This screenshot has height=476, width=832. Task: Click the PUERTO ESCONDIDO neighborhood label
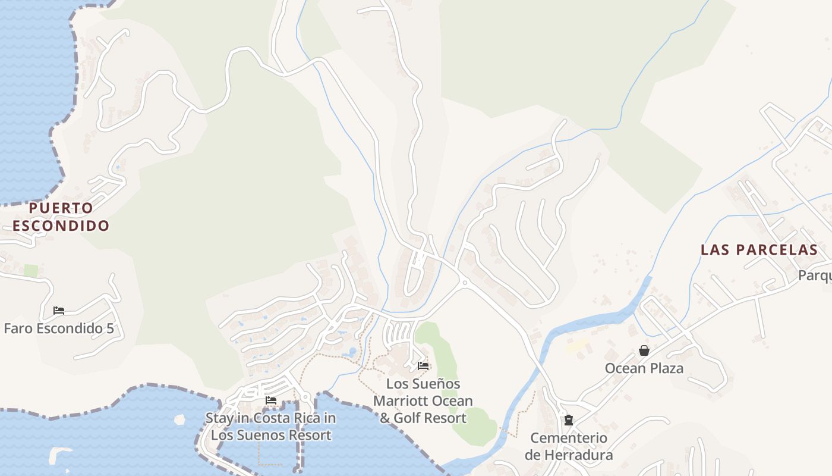tap(61, 217)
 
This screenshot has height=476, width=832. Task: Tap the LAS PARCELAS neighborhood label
tap(759, 250)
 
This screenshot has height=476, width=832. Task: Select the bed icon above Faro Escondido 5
tap(58, 311)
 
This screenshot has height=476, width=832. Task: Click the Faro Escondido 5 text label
tap(58, 328)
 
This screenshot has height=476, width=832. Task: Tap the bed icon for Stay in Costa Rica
tap(271, 400)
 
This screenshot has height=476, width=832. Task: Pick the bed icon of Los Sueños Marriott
tap(423, 365)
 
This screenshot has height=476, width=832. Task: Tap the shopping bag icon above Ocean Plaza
tap(644, 350)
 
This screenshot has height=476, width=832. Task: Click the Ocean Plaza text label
tap(644, 368)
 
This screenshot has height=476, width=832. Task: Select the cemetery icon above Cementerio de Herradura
tap(569, 420)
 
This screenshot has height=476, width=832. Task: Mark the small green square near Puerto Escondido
tap(31, 271)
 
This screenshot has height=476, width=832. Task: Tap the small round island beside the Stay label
tap(179, 419)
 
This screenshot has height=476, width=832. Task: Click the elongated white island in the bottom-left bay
tap(59, 455)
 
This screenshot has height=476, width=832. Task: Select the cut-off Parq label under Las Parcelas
tap(814, 276)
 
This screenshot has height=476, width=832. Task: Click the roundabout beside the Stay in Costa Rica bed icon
tap(305, 397)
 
